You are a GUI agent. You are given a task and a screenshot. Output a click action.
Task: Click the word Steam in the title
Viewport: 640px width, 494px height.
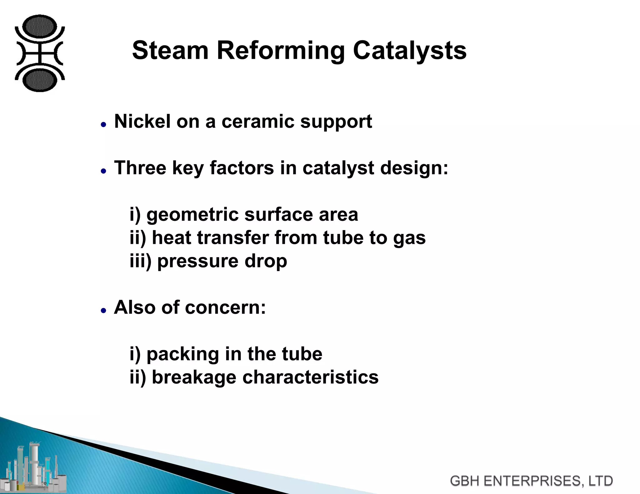(170, 50)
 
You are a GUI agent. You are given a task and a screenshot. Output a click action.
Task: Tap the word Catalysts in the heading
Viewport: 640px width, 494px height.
(410, 50)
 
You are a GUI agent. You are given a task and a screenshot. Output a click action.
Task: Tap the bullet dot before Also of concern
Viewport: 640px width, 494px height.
(104, 310)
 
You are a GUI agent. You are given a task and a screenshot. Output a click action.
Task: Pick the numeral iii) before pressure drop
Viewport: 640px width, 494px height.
(140, 261)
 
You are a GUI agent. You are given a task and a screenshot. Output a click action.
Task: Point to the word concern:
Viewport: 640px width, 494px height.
(225, 308)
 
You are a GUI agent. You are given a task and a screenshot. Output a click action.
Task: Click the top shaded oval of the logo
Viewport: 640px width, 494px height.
(40, 26)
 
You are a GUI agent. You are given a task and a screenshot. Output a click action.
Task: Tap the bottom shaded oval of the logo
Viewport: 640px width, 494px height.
(40, 80)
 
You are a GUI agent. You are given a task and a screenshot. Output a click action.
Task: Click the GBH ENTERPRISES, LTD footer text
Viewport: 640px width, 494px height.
(531, 481)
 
